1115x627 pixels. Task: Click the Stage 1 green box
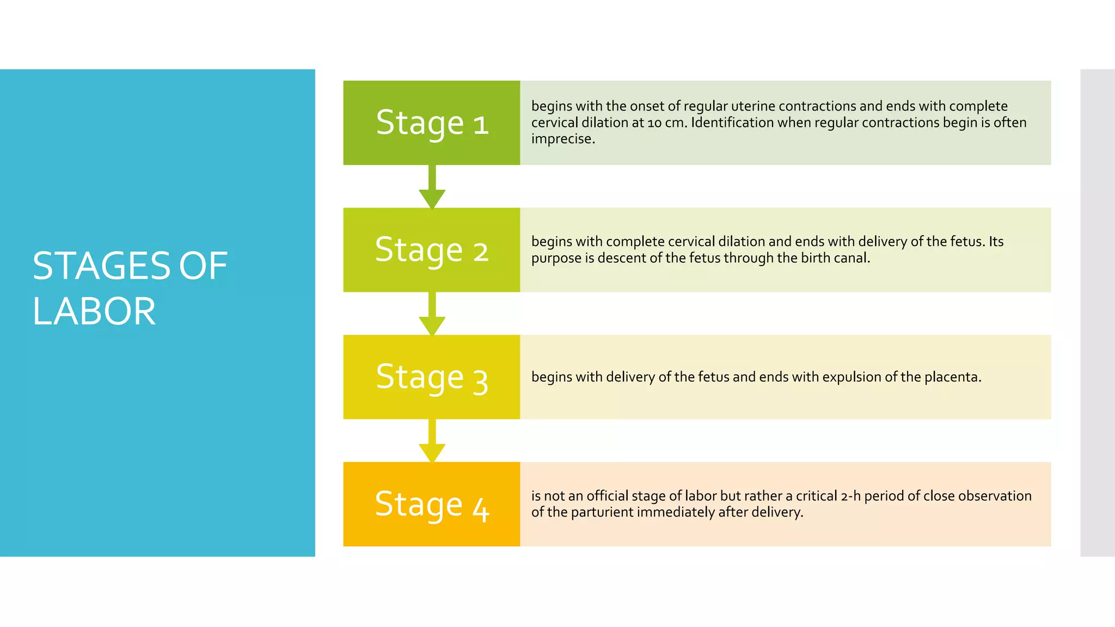click(431, 122)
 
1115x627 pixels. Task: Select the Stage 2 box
click(431, 250)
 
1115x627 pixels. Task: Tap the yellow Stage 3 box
click(431, 377)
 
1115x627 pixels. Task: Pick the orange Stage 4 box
click(431, 504)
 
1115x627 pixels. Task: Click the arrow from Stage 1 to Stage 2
click(432, 188)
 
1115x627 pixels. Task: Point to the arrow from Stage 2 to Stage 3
click(432, 315)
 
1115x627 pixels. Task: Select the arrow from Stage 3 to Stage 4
click(432, 442)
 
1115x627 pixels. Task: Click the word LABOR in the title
click(94, 311)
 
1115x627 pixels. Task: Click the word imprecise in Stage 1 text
click(562, 139)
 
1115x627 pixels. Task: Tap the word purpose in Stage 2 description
click(556, 259)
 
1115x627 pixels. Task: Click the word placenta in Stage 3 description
click(952, 377)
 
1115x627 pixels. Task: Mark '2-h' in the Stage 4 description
click(850, 496)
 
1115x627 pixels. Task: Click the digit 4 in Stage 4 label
click(481, 509)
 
